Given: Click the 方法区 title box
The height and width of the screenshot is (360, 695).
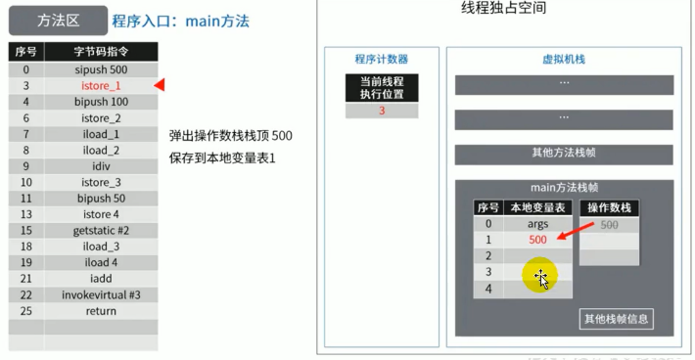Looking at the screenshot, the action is coord(57,20).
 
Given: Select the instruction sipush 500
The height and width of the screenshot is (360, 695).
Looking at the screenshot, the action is coord(100,70).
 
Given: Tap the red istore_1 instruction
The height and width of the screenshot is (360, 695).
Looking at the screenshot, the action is coord(100,86).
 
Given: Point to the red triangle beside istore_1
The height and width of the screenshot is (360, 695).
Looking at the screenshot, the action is coord(160,86).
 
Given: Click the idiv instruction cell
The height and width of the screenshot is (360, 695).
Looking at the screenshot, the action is coord(100,166).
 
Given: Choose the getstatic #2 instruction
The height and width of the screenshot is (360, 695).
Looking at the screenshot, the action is coord(100,231).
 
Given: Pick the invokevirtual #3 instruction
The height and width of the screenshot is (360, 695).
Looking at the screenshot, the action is coord(100,294).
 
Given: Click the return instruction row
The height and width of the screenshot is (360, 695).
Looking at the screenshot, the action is coord(100,311).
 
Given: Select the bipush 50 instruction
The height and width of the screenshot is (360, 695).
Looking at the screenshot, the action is coord(100,199).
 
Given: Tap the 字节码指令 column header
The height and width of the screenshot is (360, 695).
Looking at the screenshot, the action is coord(100,52).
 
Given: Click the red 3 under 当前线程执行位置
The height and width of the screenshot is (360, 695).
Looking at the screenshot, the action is coord(382,111).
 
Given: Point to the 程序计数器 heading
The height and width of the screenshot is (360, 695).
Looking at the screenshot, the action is coord(381,59).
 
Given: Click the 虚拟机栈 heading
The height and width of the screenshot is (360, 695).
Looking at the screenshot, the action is coord(563,59).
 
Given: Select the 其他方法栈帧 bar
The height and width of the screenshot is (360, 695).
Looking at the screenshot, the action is coord(563,153).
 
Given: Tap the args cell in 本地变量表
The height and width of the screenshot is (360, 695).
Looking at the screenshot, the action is coord(537,224).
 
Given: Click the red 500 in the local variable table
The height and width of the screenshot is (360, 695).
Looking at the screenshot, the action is coord(537,240).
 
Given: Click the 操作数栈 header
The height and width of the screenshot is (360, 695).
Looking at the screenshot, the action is coord(609,207).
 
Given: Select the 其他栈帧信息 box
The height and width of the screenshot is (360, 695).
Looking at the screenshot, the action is coord(616,319).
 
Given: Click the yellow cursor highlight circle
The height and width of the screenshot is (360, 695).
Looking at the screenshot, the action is coord(539,277).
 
